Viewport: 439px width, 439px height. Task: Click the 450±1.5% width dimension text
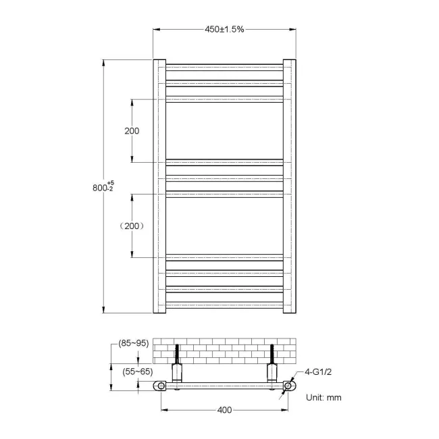tap(224, 29)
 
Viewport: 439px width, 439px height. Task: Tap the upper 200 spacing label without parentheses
tap(132, 130)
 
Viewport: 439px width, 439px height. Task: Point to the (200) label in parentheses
tap(132, 226)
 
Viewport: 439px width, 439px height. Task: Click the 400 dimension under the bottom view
tap(224, 410)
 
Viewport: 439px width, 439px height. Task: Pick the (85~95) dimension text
tap(133, 343)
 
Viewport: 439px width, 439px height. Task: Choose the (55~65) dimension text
tap(137, 371)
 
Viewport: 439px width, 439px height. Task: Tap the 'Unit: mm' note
tap(324, 398)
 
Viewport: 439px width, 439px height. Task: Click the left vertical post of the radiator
tap(160, 187)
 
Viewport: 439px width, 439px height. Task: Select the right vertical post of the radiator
tap(289, 187)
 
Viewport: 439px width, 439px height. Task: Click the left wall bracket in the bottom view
tap(178, 371)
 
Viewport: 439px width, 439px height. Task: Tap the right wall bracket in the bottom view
tap(272, 371)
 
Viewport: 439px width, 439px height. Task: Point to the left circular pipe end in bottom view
tap(161, 386)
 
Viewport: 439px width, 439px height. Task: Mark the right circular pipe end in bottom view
tap(288, 386)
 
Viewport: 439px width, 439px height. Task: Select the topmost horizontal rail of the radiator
tap(224, 67)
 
